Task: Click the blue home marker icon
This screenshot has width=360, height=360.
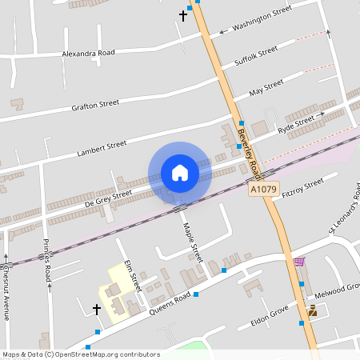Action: pos(180,172)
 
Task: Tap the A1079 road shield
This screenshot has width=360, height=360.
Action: pos(262,190)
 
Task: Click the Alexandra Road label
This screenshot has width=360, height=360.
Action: pos(89,53)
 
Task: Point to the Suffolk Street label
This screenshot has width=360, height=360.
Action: pos(257,55)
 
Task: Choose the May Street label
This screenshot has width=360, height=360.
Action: pos(266,87)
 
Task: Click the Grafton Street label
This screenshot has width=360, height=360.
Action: pos(95,104)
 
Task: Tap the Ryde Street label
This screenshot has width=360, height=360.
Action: pos(296,125)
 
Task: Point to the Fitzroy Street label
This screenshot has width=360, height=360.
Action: pos(298,190)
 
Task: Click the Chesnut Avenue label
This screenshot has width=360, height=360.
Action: pos(6,292)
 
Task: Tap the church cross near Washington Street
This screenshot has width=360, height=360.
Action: pos(182,15)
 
